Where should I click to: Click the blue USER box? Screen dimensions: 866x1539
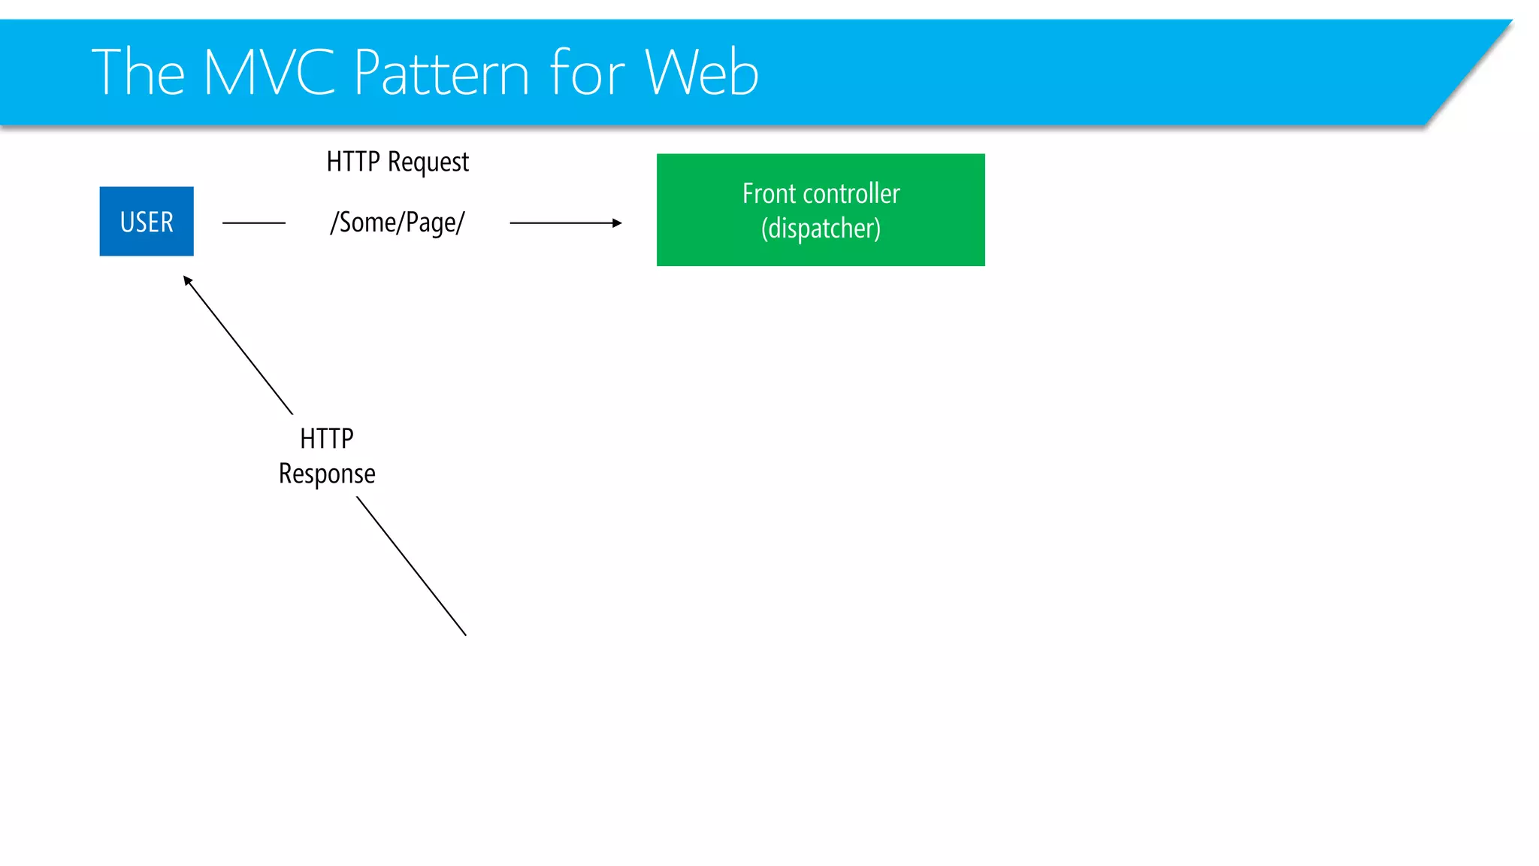point(147,221)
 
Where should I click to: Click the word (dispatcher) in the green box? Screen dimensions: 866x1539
point(821,229)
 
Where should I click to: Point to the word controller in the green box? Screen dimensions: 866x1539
point(851,194)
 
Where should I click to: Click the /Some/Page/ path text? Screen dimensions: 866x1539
point(398,223)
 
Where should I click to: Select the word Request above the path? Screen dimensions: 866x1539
point(428,162)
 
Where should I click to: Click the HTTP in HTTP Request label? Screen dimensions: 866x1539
point(353,162)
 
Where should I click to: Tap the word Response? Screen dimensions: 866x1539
point(327,474)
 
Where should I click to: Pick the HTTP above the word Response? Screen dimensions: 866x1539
point(327,438)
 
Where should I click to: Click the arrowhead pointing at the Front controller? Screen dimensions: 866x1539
point(617,223)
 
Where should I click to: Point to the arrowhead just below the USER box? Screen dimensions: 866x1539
point(188,281)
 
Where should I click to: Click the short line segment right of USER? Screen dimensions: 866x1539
point(254,223)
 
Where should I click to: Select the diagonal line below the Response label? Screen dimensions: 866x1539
point(412,566)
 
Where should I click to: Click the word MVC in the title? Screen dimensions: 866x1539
point(269,73)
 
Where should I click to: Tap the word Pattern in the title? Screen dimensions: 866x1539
point(442,73)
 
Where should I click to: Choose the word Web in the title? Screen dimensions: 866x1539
point(701,73)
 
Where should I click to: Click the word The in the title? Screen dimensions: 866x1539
point(138,73)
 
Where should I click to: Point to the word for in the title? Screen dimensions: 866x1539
point(587,73)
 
